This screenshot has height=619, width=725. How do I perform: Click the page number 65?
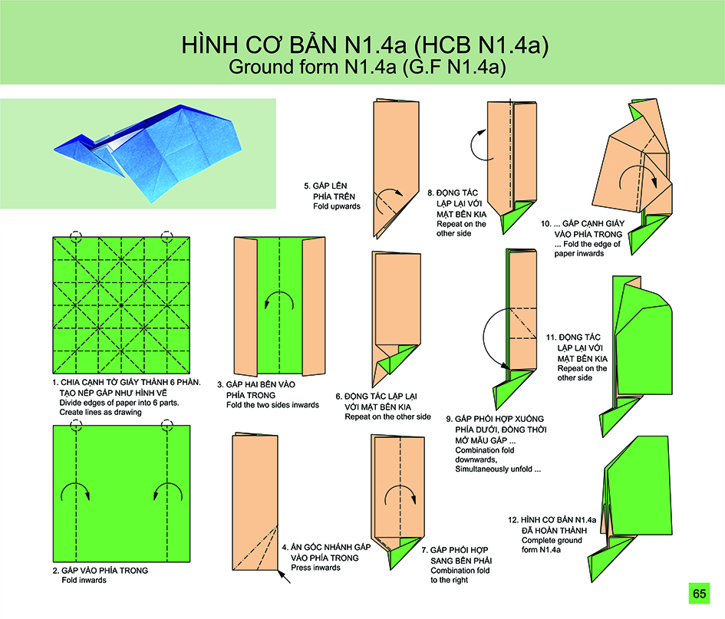click(700, 594)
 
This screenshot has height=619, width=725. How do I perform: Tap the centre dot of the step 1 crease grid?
click(121, 305)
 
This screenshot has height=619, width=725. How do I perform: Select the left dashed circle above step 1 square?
click(76, 237)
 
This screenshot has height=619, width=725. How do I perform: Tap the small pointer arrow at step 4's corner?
click(284, 577)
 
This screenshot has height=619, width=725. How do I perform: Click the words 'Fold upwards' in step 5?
click(337, 206)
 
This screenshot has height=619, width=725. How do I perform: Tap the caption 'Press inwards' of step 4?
click(316, 568)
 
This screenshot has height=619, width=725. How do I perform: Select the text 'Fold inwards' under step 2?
click(84, 580)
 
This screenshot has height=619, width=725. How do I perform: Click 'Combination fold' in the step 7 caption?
click(460, 571)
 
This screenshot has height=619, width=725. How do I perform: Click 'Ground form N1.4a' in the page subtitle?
click(313, 67)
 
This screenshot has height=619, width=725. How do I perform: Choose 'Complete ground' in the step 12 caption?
click(552, 541)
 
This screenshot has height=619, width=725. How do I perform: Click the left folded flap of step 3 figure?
click(245, 307)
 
